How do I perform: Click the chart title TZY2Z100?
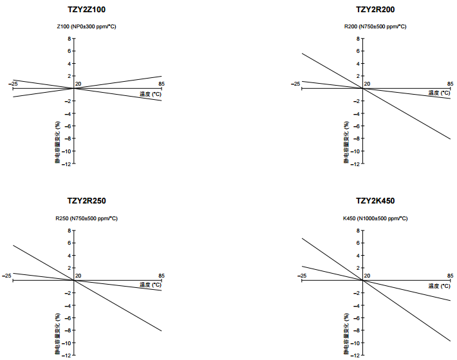pos(87,10)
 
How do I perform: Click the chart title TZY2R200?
pos(376,10)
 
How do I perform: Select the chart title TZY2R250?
pos(87,201)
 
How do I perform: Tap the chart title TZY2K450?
pos(376,201)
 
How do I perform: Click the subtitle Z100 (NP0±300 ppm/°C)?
pos(86,27)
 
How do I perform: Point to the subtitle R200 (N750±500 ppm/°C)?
pos(375,27)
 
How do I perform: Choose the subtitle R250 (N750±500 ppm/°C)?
pos(86,218)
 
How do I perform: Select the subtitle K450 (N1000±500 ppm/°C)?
pos(376,218)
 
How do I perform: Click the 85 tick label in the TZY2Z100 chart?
pos(161,84)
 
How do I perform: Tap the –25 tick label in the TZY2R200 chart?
pos(295,84)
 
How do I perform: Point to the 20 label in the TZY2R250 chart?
pos(79,276)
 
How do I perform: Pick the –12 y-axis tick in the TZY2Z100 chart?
pos(67,164)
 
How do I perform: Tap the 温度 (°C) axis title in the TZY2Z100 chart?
pos(151,94)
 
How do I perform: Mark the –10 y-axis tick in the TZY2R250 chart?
pos(67,343)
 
